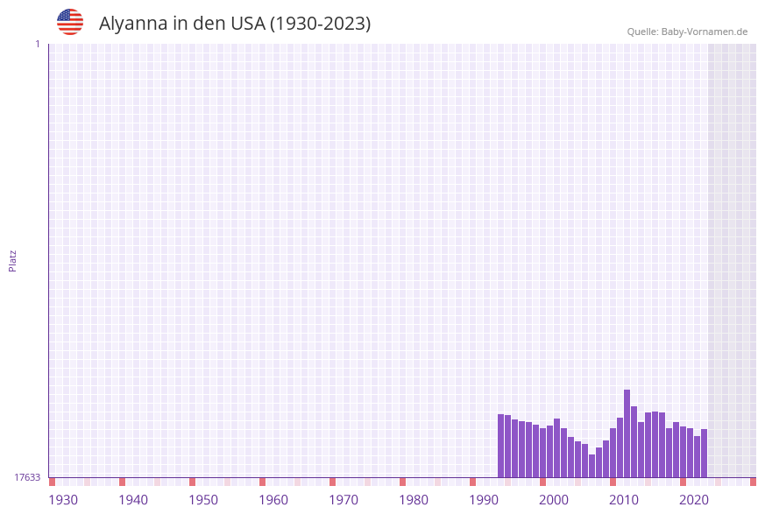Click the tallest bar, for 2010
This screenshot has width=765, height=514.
pos(627,433)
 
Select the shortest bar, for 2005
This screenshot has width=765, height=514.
pos(591,466)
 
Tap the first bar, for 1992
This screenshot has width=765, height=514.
pos(500,446)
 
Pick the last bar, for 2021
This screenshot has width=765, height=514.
pos(704,453)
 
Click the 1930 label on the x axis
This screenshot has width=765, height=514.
pos(63,500)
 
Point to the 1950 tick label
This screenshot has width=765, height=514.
pos(203,500)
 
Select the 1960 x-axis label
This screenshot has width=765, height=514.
pos(273,500)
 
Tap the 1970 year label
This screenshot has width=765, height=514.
pos(344,500)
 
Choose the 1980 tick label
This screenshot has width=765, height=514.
pos(414,500)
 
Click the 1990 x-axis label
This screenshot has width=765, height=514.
pos(484,500)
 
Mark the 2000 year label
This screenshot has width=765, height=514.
pos(554,500)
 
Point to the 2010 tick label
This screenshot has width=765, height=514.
pos(624,500)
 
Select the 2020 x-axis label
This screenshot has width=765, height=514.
pos(694,500)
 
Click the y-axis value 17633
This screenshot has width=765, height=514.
pos(27,477)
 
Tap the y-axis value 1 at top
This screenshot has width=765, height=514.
pos(38,44)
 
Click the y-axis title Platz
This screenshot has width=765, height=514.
pos(13,260)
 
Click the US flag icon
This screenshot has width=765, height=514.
pos(70,22)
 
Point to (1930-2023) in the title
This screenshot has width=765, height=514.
pos(320,24)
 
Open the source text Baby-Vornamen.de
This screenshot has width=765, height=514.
pos(704,32)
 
